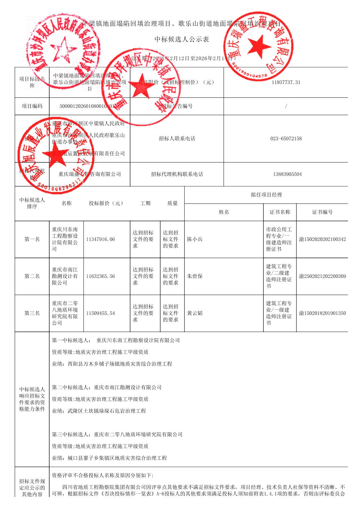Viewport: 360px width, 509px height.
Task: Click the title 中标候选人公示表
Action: tap(182, 40)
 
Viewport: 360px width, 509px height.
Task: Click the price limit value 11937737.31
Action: tap(286, 82)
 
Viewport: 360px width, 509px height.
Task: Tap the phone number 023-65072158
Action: tap(286, 139)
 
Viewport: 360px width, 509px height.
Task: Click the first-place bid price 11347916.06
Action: tap(101, 239)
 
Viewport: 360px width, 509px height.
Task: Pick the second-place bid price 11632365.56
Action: tap(101, 276)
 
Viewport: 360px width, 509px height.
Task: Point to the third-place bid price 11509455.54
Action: tap(101, 313)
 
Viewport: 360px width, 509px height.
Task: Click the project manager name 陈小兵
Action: tap(195, 239)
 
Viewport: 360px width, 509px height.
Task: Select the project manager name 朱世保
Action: tap(195, 276)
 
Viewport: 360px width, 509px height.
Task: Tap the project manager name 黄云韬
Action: tap(195, 313)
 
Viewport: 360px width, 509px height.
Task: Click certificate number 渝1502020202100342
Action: tap(322, 239)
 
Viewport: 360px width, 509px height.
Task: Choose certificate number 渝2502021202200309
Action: tap(322, 276)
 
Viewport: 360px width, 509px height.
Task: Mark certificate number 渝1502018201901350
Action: tap(322, 313)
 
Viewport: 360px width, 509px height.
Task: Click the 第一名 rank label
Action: tap(32, 239)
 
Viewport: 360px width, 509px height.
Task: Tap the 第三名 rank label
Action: tap(32, 313)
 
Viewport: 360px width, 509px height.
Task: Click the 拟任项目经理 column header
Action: tap(266, 195)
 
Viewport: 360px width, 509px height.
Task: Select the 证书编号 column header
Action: tap(322, 212)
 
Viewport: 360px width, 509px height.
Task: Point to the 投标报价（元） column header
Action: tap(106, 203)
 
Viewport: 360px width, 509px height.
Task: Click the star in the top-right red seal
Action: tap(259, 46)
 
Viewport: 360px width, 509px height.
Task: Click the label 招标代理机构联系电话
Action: tap(177, 174)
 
